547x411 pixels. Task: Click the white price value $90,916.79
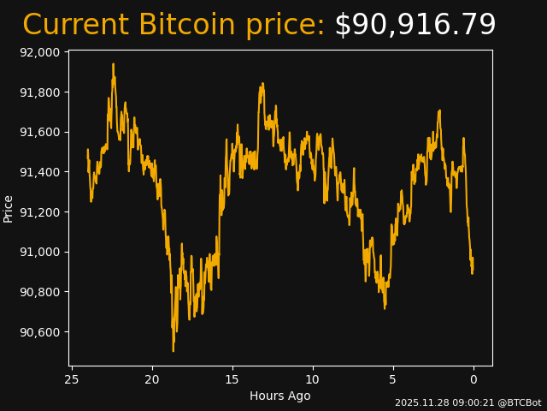point(415,26)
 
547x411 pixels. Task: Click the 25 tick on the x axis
point(72,379)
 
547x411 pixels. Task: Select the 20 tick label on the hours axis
point(152,379)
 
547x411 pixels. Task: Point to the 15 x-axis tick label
point(232,379)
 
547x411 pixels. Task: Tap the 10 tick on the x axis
point(313,379)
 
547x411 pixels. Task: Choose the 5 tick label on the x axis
point(393,379)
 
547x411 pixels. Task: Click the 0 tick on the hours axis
point(473,379)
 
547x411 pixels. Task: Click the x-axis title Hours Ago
point(280,396)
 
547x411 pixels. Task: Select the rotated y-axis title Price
point(9,208)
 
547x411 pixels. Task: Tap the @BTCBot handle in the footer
point(520,402)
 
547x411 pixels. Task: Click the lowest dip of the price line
point(173,349)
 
